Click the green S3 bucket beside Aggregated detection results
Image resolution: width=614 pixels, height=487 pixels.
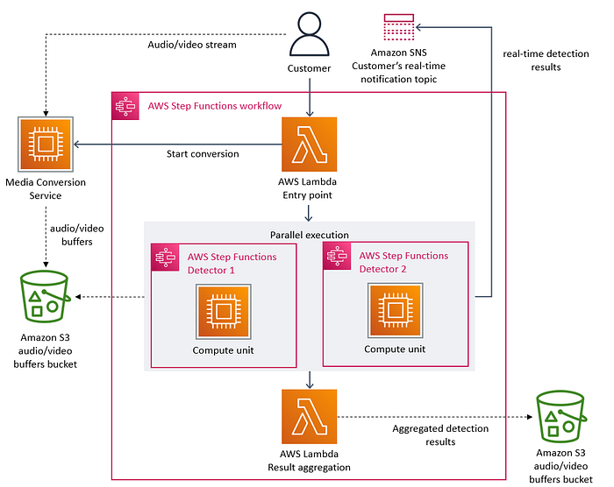561,415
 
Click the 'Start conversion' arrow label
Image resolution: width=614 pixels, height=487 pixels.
203,154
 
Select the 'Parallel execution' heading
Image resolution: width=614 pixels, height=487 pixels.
309,234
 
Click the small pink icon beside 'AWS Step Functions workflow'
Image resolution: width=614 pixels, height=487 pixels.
124,107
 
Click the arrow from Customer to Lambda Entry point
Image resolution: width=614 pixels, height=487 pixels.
309,96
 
